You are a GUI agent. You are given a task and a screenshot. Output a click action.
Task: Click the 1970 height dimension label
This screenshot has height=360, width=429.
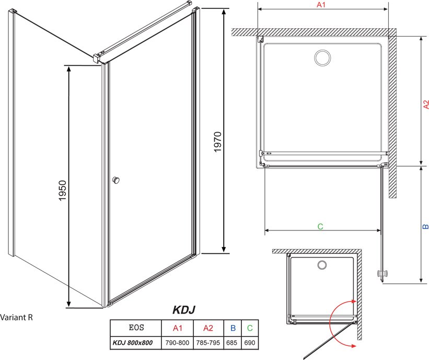[217, 142]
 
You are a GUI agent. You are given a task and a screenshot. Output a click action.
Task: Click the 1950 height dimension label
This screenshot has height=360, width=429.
[63, 190]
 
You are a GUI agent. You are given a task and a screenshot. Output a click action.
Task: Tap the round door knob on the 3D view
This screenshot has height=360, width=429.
[116, 180]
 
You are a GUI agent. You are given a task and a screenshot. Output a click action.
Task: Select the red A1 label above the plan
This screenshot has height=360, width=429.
[321, 5]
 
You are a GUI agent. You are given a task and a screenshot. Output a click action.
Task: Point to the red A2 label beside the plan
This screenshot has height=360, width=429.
[426, 104]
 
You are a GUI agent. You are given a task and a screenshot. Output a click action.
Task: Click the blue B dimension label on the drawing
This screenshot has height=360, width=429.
[425, 226]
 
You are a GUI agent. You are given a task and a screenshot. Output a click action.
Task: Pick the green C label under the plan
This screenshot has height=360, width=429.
[320, 227]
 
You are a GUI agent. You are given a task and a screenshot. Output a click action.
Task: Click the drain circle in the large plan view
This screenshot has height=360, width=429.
[322, 58]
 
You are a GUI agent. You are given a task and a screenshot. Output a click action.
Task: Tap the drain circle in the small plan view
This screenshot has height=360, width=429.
[322, 265]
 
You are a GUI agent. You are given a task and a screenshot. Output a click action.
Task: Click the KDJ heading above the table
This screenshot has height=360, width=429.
[184, 310]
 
